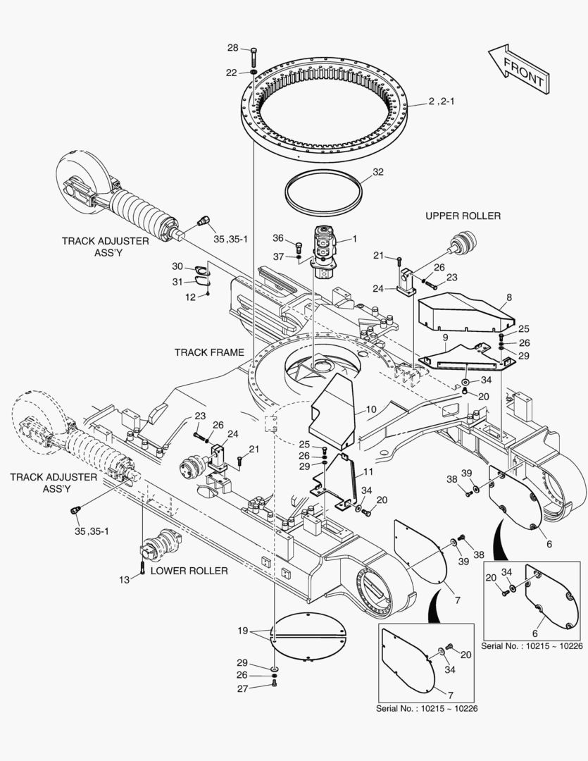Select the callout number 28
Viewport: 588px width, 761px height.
tap(232, 48)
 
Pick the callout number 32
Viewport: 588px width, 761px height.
tap(378, 171)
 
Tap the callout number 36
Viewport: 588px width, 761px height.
tap(278, 237)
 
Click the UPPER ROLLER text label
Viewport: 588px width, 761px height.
tap(463, 216)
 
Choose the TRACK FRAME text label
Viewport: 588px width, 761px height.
tap(209, 352)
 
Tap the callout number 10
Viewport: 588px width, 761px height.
tap(371, 409)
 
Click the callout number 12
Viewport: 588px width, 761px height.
tap(191, 297)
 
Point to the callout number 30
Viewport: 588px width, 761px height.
tap(177, 266)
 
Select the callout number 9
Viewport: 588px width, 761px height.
tap(444, 338)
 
